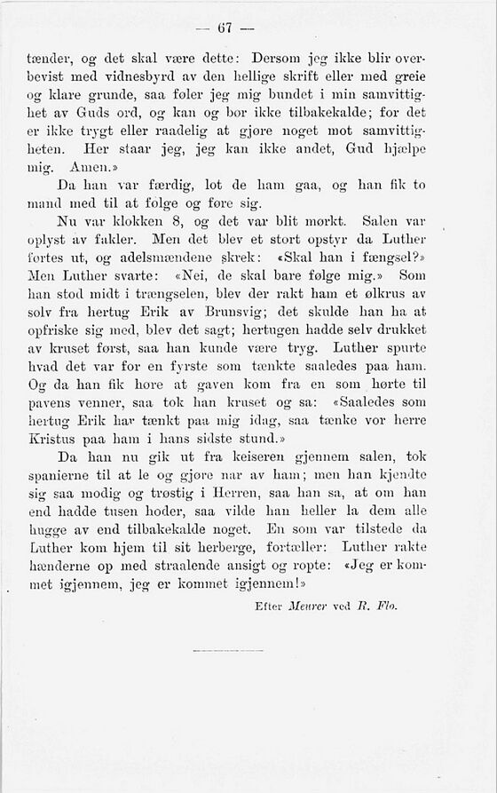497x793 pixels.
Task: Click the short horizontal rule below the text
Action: point(217,653)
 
